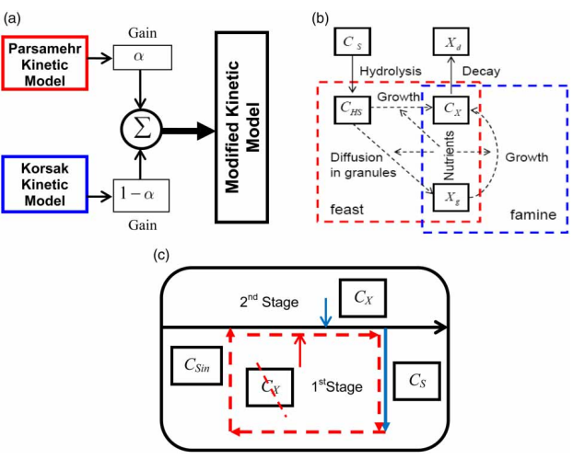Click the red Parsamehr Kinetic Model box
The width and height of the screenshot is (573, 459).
pyautogui.click(x=45, y=63)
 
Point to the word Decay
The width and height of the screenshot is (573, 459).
pyautogui.click(x=483, y=70)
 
